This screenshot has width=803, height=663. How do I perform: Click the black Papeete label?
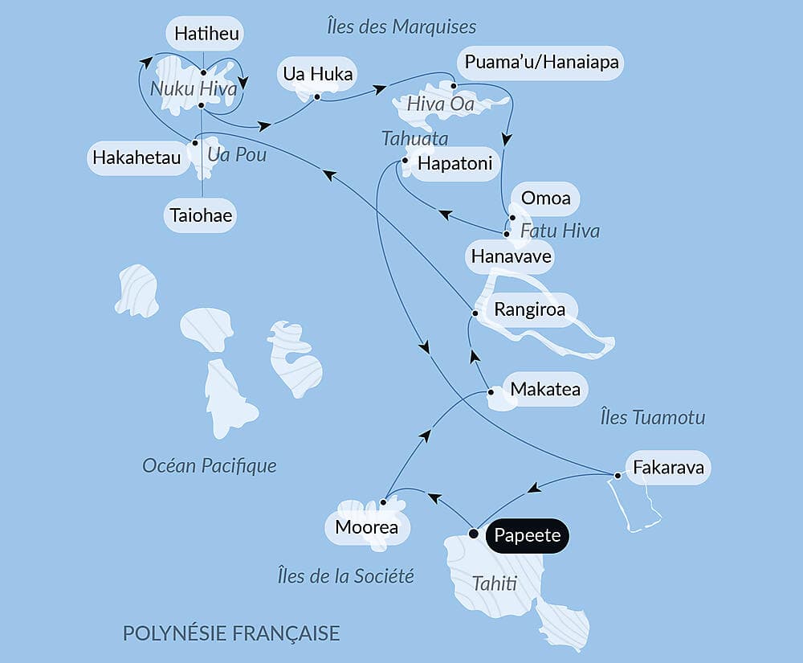(527, 535)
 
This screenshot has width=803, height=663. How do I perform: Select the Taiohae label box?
(202, 215)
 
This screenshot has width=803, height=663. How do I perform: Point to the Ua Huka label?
(316, 74)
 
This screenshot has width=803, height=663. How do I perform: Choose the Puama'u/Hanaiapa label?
(540, 63)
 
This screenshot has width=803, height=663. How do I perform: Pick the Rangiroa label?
(529, 309)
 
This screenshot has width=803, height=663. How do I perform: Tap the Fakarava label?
(667, 467)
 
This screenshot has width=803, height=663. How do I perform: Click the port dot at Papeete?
(474, 534)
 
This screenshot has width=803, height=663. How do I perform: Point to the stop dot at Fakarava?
(617, 476)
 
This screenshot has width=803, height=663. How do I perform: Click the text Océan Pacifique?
(209, 465)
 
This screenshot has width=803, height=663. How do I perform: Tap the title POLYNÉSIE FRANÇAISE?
(231, 632)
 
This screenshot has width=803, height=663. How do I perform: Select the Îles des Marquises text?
(401, 27)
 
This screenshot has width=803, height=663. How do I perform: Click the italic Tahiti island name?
(494, 583)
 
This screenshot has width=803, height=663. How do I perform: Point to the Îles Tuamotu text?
(652, 417)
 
